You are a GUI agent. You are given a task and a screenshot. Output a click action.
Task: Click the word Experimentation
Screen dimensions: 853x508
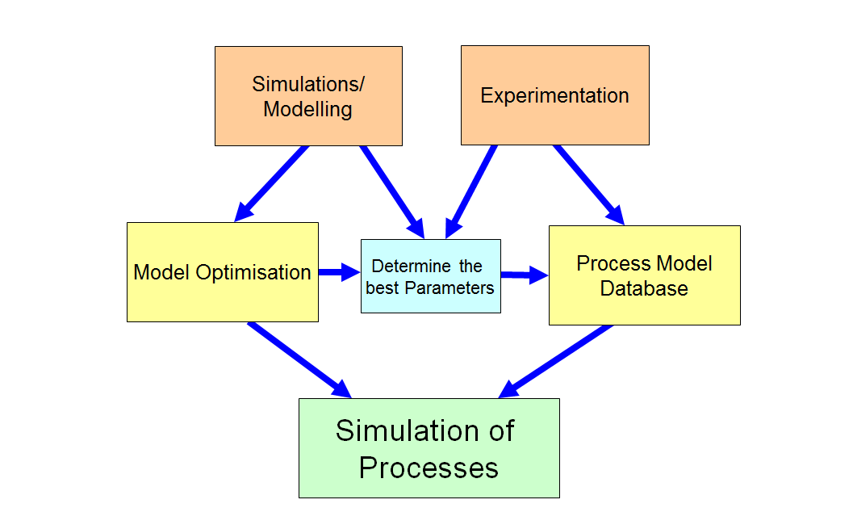point(554,96)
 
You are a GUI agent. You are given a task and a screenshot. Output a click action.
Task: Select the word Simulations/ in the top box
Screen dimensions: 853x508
point(308,84)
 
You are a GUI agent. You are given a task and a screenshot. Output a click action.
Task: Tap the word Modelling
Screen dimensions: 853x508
point(308,110)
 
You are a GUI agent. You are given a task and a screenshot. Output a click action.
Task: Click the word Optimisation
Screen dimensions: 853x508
point(253,272)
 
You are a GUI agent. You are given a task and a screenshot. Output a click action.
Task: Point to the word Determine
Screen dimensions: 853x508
point(412,266)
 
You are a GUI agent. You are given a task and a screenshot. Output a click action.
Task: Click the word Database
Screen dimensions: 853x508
point(644,288)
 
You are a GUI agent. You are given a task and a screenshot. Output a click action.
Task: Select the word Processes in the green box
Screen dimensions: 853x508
point(429,468)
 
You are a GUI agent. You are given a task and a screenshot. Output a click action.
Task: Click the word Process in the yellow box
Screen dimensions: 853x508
point(613,263)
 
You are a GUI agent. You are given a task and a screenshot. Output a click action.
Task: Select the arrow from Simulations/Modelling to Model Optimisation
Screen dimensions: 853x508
point(271,184)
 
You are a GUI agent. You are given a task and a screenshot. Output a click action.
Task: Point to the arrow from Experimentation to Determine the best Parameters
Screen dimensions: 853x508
point(470,191)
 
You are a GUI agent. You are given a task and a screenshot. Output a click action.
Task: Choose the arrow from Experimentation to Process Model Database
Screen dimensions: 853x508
point(589,185)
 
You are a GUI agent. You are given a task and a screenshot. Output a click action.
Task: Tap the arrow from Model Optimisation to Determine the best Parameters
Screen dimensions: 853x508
point(339,271)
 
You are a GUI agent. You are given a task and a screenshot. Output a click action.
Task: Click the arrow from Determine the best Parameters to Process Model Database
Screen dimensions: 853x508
point(525,275)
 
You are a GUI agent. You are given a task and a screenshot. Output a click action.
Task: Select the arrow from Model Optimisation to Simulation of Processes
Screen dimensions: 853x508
point(299,360)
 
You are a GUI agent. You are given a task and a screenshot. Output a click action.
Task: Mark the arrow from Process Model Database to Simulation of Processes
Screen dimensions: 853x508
point(556,362)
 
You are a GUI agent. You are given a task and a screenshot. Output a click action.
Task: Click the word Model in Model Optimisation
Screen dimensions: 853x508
point(161,272)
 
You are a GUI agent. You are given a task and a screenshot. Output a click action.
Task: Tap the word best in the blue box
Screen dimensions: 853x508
point(383,288)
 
